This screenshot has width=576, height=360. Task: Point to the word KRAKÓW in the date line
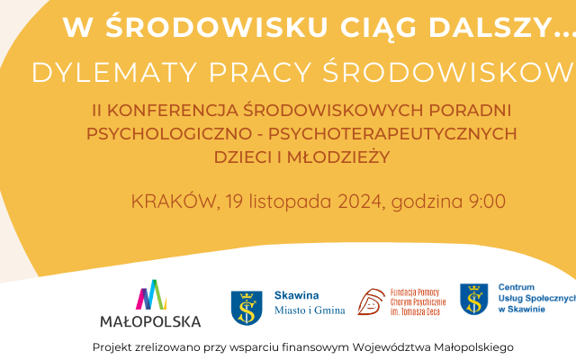tap(171, 202)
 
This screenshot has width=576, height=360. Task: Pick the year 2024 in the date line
tap(360, 202)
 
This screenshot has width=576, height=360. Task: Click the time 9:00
tap(487, 202)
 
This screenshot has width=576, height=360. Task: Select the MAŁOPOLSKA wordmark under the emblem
tap(150, 320)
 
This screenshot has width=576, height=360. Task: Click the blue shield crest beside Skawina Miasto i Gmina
tap(247, 305)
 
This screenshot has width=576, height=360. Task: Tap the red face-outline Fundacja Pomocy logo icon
tap(371, 304)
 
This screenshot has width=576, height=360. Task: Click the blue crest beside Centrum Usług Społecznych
tap(474, 301)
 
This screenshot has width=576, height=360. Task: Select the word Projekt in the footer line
tap(114, 346)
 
